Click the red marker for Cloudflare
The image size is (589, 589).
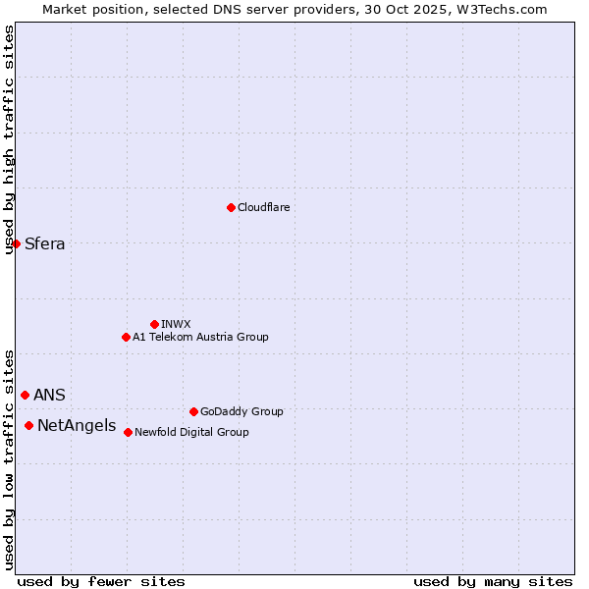[231, 207]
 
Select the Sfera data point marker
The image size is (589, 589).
[16, 243]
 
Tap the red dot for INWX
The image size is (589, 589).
[154, 324]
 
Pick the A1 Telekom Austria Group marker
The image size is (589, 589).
[126, 337]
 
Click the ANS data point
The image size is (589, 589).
[25, 395]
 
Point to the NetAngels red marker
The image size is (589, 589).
[28, 425]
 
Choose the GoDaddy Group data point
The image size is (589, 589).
[193, 411]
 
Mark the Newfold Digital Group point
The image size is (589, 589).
[128, 432]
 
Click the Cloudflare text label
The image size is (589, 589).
[263, 207]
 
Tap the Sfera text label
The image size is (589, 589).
[45, 244]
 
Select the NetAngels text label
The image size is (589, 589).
[77, 426]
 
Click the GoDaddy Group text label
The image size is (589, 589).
[241, 411]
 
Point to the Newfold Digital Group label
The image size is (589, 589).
[191, 432]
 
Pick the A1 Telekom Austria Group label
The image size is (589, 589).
[200, 337]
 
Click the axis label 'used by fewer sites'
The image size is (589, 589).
[101, 581]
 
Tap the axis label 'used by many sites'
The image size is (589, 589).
[493, 581]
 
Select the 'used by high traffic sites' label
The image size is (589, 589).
[9, 139]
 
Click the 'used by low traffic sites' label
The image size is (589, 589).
[9, 458]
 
